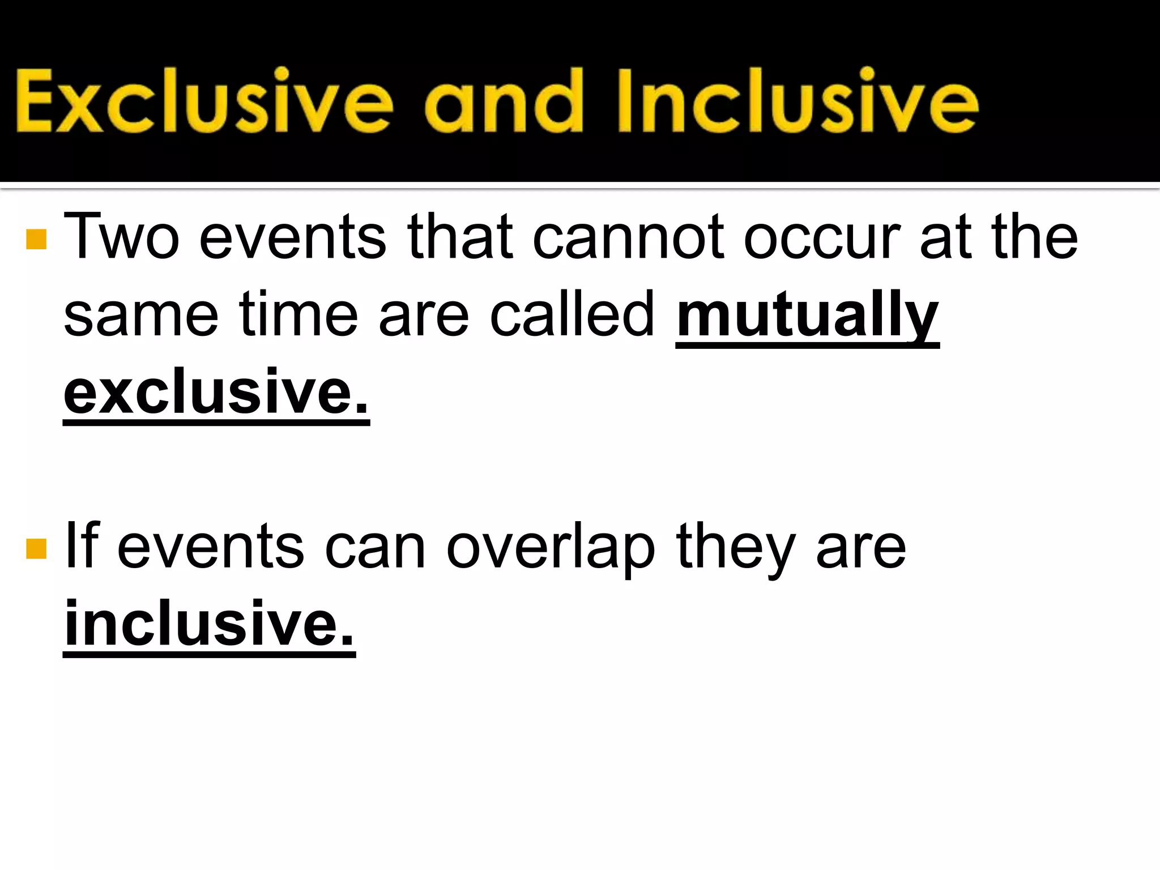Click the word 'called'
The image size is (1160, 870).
pos(572,314)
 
